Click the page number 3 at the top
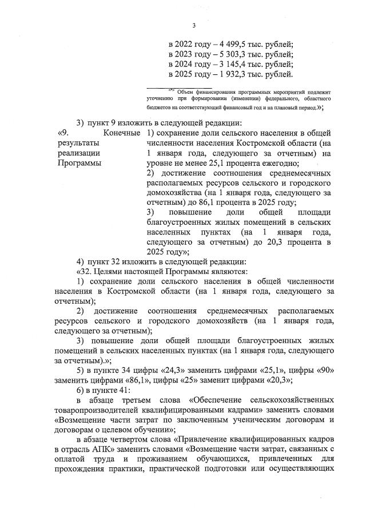(194, 25)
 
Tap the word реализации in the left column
(77, 153)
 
